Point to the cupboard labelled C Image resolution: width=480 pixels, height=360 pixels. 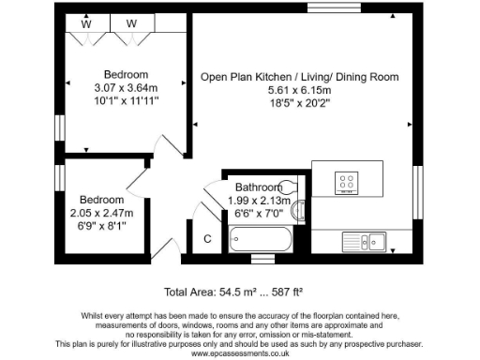click(x=207, y=239)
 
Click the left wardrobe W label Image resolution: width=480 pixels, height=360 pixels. click(x=85, y=23)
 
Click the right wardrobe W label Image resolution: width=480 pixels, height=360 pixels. click(x=132, y=23)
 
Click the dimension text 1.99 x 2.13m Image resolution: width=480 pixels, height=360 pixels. click(x=260, y=200)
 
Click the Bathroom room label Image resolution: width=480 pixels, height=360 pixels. click(x=259, y=187)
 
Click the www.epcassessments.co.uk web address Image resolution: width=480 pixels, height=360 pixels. click(x=240, y=352)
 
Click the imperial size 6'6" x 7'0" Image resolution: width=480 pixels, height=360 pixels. click(x=260, y=213)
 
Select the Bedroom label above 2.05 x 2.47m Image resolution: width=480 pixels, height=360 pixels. click(x=101, y=200)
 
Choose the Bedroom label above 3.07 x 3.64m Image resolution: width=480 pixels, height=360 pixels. click(x=127, y=75)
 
